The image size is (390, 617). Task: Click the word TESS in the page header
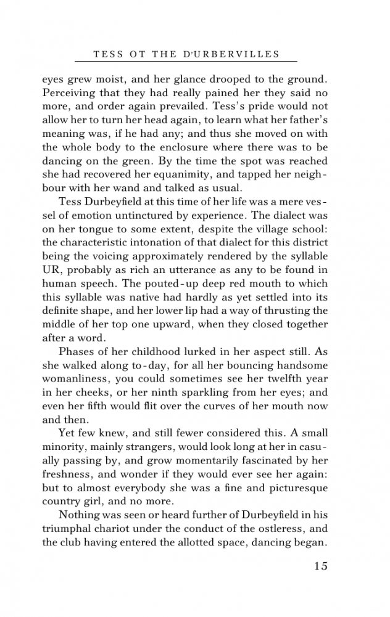click(107, 54)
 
